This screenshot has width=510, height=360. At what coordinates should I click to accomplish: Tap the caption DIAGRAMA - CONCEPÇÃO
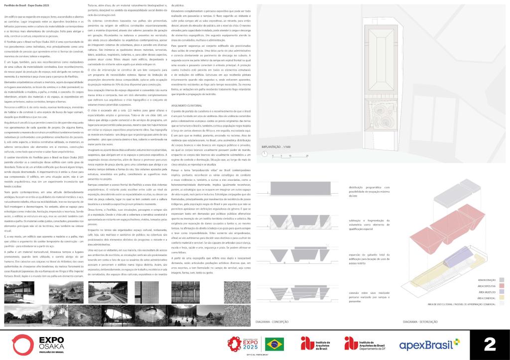click(271, 322)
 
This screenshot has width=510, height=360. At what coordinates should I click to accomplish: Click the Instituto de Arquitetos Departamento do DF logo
click(367, 344)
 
